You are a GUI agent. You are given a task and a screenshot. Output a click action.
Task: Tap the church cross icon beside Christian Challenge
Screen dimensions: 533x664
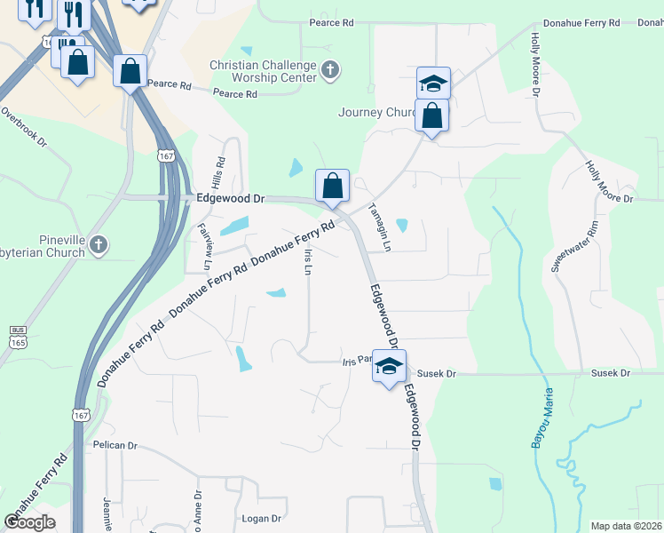pyautogui.click(x=330, y=70)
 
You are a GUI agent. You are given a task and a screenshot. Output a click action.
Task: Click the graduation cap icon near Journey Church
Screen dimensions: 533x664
pyautogui.click(x=433, y=84)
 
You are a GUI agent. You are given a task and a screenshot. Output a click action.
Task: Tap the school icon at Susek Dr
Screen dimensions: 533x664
pyautogui.click(x=389, y=366)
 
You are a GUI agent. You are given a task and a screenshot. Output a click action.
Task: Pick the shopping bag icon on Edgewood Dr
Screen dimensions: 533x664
pyautogui.click(x=332, y=187)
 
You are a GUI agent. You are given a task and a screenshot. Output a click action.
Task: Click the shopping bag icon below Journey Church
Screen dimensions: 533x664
pyautogui.click(x=431, y=116)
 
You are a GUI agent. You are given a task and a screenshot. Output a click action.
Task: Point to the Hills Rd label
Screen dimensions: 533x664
pyautogui.click(x=217, y=166)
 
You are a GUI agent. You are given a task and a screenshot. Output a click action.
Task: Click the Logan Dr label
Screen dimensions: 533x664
pyautogui.click(x=262, y=518)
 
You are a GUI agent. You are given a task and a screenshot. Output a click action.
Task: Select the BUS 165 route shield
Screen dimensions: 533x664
pyautogui.click(x=18, y=336)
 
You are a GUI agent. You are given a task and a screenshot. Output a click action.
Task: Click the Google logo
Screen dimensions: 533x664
pyautogui.click(x=30, y=521)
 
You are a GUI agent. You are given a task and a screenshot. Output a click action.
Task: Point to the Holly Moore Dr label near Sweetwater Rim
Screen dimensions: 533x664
pyautogui.click(x=608, y=182)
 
